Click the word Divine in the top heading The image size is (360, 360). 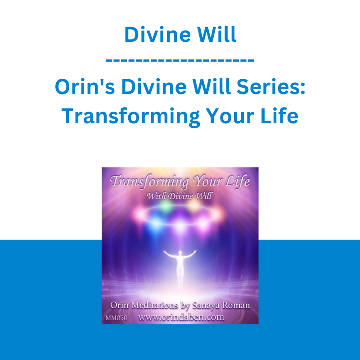click(157, 35)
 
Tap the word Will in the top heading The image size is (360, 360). click(216, 34)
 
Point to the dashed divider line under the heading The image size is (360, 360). click(180, 60)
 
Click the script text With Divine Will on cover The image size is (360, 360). click(180, 196)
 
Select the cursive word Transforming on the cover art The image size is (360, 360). click(150, 182)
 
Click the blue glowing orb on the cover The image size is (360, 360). click(156, 222)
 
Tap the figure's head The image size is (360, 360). click(180, 252)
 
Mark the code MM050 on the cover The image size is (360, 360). click(117, 318)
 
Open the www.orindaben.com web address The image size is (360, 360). click(181, 317)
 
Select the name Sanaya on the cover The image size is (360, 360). click(205, 306)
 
